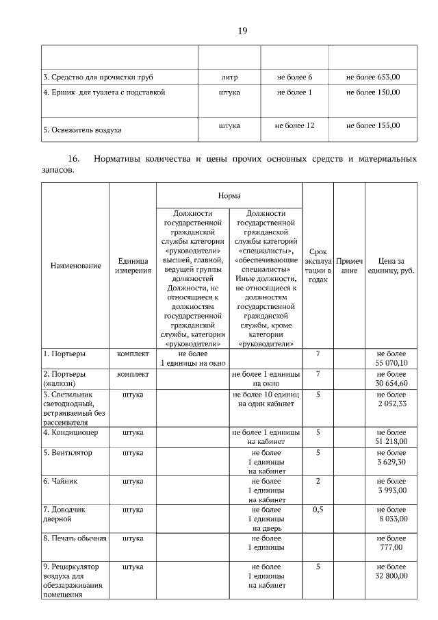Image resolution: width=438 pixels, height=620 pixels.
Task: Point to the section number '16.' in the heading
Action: point(74,160)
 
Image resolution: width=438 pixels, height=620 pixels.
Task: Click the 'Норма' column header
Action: point(229,196)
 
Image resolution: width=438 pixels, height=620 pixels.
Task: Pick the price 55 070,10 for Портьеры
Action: point(391,362)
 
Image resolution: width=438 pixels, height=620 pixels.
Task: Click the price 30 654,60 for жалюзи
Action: point(391,384)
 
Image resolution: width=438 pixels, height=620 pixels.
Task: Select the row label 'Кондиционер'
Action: point(70,433)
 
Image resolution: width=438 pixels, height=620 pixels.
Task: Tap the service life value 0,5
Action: point(318,510)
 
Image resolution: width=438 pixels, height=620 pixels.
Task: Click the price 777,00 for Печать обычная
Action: point(391,547)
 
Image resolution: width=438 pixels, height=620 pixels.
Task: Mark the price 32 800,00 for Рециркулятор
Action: point(391,576)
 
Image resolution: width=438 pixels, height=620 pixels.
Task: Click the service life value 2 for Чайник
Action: point(318,481)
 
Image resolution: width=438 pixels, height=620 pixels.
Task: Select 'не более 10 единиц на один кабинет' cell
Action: point(266,399)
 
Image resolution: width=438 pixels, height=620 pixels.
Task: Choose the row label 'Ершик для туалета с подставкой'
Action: point(104,92)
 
